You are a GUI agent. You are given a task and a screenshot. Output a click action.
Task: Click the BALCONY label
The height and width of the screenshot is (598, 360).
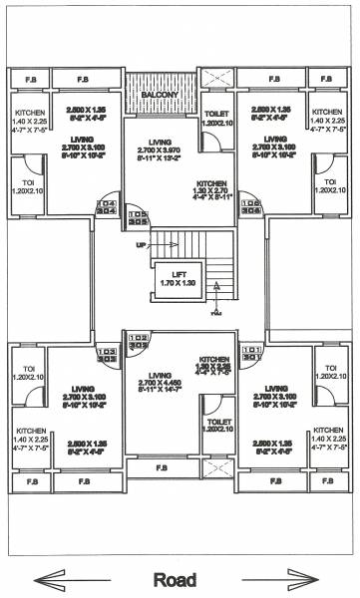(x=161, y=95)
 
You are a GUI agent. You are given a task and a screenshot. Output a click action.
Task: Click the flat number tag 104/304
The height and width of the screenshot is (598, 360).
(x=108, y=207)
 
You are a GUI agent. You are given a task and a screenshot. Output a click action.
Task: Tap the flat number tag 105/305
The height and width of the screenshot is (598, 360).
(x=138, y=217)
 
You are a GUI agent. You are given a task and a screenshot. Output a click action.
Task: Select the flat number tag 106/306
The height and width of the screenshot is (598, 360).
(x=250, y=207)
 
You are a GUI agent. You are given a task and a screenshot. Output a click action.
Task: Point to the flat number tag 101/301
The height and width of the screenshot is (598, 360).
(x=250, y=353)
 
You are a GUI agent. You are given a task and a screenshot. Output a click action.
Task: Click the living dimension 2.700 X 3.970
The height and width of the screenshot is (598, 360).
(x=160, y=156)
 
